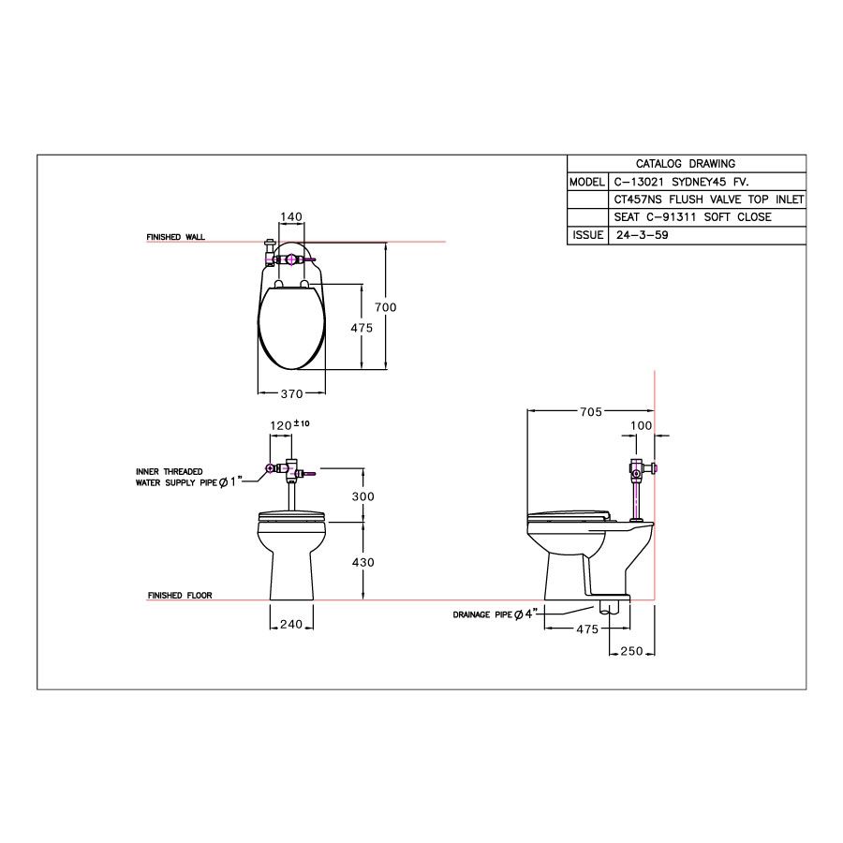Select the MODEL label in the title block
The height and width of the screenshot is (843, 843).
[586, 182]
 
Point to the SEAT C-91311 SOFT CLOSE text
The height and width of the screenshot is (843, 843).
[692, 217]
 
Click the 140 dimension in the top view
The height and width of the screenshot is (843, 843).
[291, 217]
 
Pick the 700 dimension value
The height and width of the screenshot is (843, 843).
[387, 306]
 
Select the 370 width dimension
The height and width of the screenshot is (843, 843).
[291, 394]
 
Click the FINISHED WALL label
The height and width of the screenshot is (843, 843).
[175, 238]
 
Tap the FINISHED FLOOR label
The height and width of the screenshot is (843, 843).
[180, 596]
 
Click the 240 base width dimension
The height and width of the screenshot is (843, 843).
[291, 625]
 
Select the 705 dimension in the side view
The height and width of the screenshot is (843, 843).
[590, 411]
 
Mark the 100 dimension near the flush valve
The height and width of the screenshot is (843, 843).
[641, 426]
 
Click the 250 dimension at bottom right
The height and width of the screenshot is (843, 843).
[630, 652]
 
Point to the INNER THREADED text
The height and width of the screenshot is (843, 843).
[170, 471]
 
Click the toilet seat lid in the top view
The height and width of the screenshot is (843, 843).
[291, 328]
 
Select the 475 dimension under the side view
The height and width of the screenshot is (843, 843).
[586, 629]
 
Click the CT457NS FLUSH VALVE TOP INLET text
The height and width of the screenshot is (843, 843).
[708, 200]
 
